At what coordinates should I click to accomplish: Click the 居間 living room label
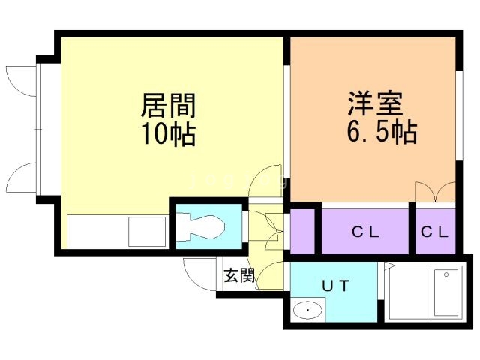168,106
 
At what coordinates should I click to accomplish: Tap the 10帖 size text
168,133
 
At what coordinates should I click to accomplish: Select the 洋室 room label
375,103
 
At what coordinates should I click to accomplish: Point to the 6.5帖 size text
382,131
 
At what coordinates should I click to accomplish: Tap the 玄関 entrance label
239,275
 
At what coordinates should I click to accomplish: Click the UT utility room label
335,286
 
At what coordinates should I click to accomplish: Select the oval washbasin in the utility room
308,310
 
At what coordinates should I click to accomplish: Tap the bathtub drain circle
446,274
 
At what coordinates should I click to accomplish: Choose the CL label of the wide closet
365,232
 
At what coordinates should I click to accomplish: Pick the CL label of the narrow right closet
434,232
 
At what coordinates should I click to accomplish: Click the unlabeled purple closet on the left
302,232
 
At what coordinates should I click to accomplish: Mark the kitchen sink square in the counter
147,232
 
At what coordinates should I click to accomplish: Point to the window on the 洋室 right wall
459,115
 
